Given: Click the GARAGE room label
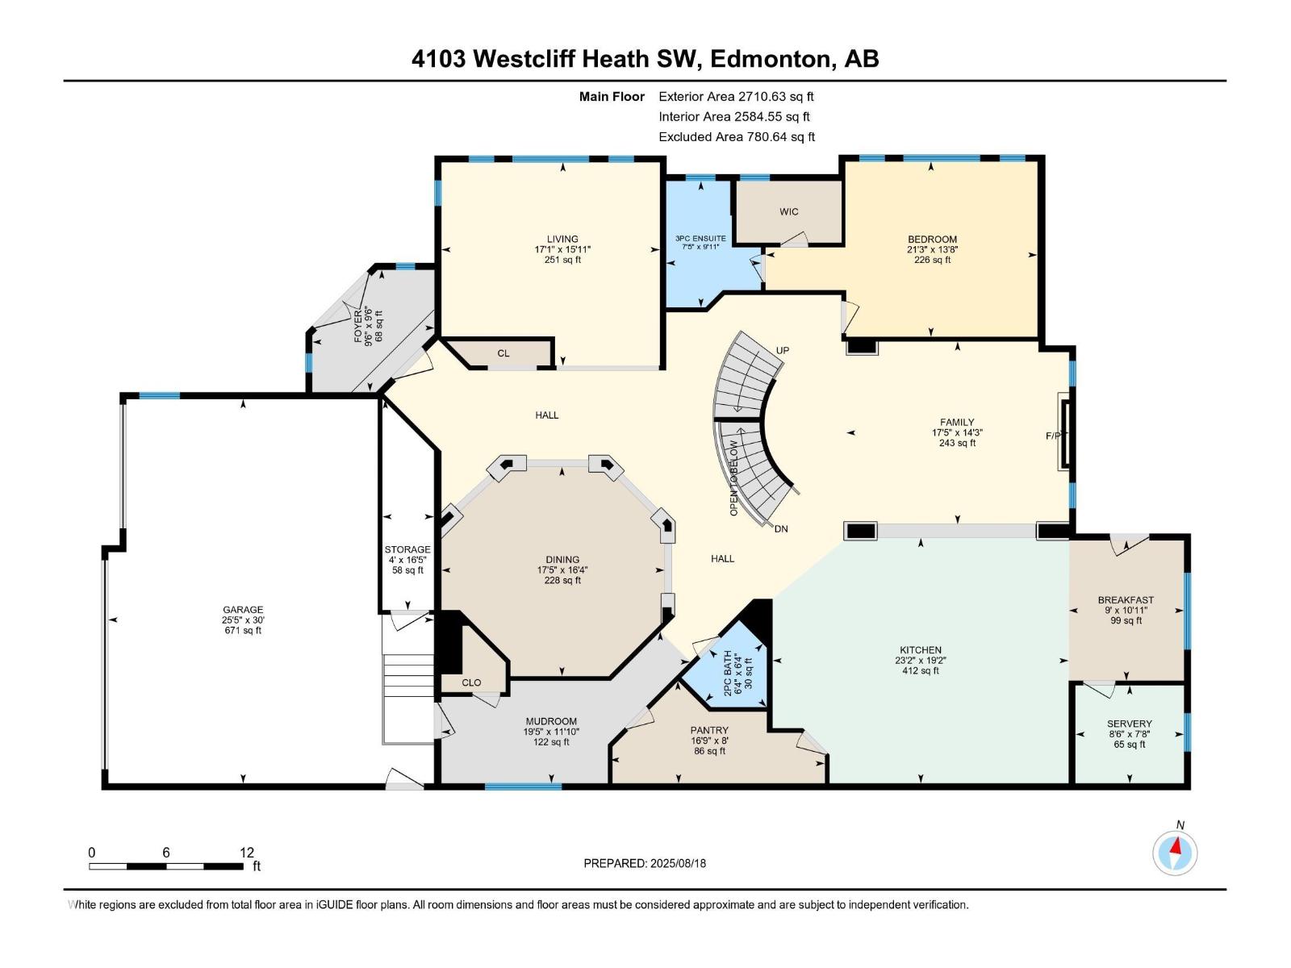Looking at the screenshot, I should coord(243,610).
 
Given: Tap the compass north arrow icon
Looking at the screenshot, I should coord(1175,852).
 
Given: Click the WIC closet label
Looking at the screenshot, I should coord(788,211).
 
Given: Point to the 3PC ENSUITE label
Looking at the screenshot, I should coord(700,239).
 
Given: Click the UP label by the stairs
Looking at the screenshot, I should coord(782,350).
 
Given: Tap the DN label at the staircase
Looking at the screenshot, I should coord(780,529).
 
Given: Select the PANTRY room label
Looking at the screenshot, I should coord(708,730).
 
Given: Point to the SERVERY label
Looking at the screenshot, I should coord(1129,724).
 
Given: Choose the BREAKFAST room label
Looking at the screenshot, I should coord(1126,599).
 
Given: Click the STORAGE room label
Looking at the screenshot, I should coord(407,549).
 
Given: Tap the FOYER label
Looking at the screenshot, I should coord(359,326).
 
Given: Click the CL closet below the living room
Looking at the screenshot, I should coord(503,353).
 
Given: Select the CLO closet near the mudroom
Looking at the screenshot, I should coord(471,682).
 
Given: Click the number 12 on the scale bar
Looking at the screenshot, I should coord(246,852).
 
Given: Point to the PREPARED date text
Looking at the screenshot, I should coord(644,863).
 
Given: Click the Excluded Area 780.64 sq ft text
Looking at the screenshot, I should coord(736,136).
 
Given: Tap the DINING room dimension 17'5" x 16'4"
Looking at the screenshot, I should coord(562,570).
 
